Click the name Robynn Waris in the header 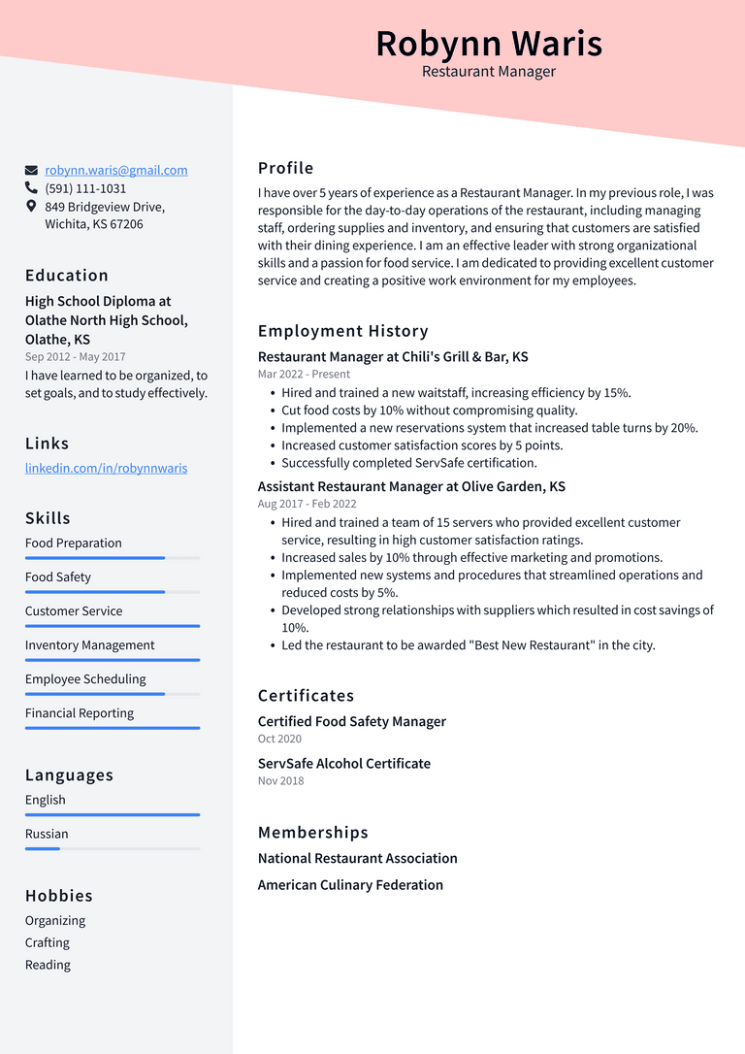[x=489, y=44]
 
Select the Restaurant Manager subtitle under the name [x=489, y=72]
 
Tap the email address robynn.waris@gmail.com [x=116, y=170]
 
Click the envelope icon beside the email [x=31, y=170]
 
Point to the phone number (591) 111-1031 [x=85, y=188]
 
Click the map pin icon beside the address [x=31, y=207]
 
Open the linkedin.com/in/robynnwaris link [x=106, y=468]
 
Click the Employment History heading [x=342, y=331]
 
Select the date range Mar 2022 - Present [x=304, y=374]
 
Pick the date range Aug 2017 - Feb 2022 [x=307, y=504]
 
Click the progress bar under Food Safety [x=113, y=592]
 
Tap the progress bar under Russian [x=113, y=849]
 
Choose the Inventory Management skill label [x=89, y=645]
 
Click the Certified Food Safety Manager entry [x=351, y=721]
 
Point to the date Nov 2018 [x=280, y=780]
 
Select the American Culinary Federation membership [x=350, y=885]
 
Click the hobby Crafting [x=48, y=942]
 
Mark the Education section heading [x=67, y=276]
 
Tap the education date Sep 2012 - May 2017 [x=75, y=357]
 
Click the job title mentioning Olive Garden [x=411, y=486]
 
